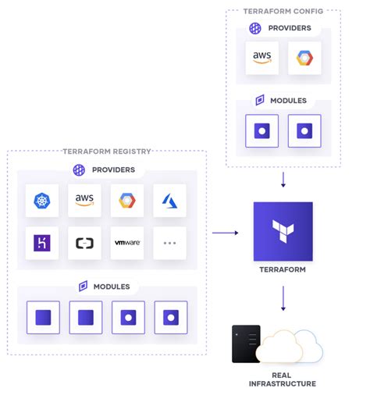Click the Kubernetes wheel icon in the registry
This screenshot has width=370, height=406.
[41, 201]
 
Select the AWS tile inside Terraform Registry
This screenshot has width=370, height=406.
[84, 201]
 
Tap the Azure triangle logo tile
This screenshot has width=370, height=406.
[169, 201]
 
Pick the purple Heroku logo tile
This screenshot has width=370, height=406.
[41, 243]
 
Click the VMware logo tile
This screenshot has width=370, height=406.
[127, 243]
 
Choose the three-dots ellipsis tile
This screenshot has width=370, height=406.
[169, 243]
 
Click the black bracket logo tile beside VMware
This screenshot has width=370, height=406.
[84, 243]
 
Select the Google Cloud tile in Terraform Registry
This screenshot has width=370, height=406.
[127, 201]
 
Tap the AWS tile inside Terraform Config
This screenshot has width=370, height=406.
[261, 59]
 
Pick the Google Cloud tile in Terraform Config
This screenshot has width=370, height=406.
[304, 59]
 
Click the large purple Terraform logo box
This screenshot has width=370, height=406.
[283, 232]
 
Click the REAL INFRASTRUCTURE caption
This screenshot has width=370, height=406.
[283, 379]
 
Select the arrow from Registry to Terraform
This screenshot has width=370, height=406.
[226, 232]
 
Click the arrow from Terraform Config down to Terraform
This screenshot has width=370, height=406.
[283, 180]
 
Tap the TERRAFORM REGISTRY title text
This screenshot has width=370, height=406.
[106, 151]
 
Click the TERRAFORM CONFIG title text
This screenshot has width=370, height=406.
[283, 10]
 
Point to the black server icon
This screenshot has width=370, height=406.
[246, 344]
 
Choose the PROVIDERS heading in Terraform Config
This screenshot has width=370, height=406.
[289, 28]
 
